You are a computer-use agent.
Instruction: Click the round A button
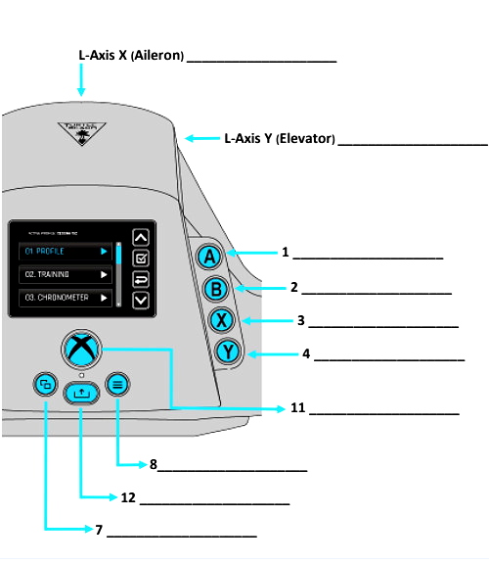tap(208, 258)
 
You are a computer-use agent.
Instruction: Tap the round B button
tap(217, 289)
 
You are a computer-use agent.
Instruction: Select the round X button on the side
tap(224, 320)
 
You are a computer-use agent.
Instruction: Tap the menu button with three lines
tap(117, 385)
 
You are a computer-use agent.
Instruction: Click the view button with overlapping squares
tap(44, 385)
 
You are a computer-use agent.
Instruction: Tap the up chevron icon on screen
tap(140, 236)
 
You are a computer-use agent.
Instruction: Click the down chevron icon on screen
tap(140, 301)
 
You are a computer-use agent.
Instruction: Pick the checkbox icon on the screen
tap(140, 258)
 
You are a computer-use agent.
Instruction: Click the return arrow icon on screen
tap(140, 280)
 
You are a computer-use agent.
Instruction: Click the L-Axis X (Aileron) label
tap(131, 56)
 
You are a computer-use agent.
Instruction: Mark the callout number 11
tap(298, 408)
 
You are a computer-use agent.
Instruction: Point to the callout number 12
tap(128, 497)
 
